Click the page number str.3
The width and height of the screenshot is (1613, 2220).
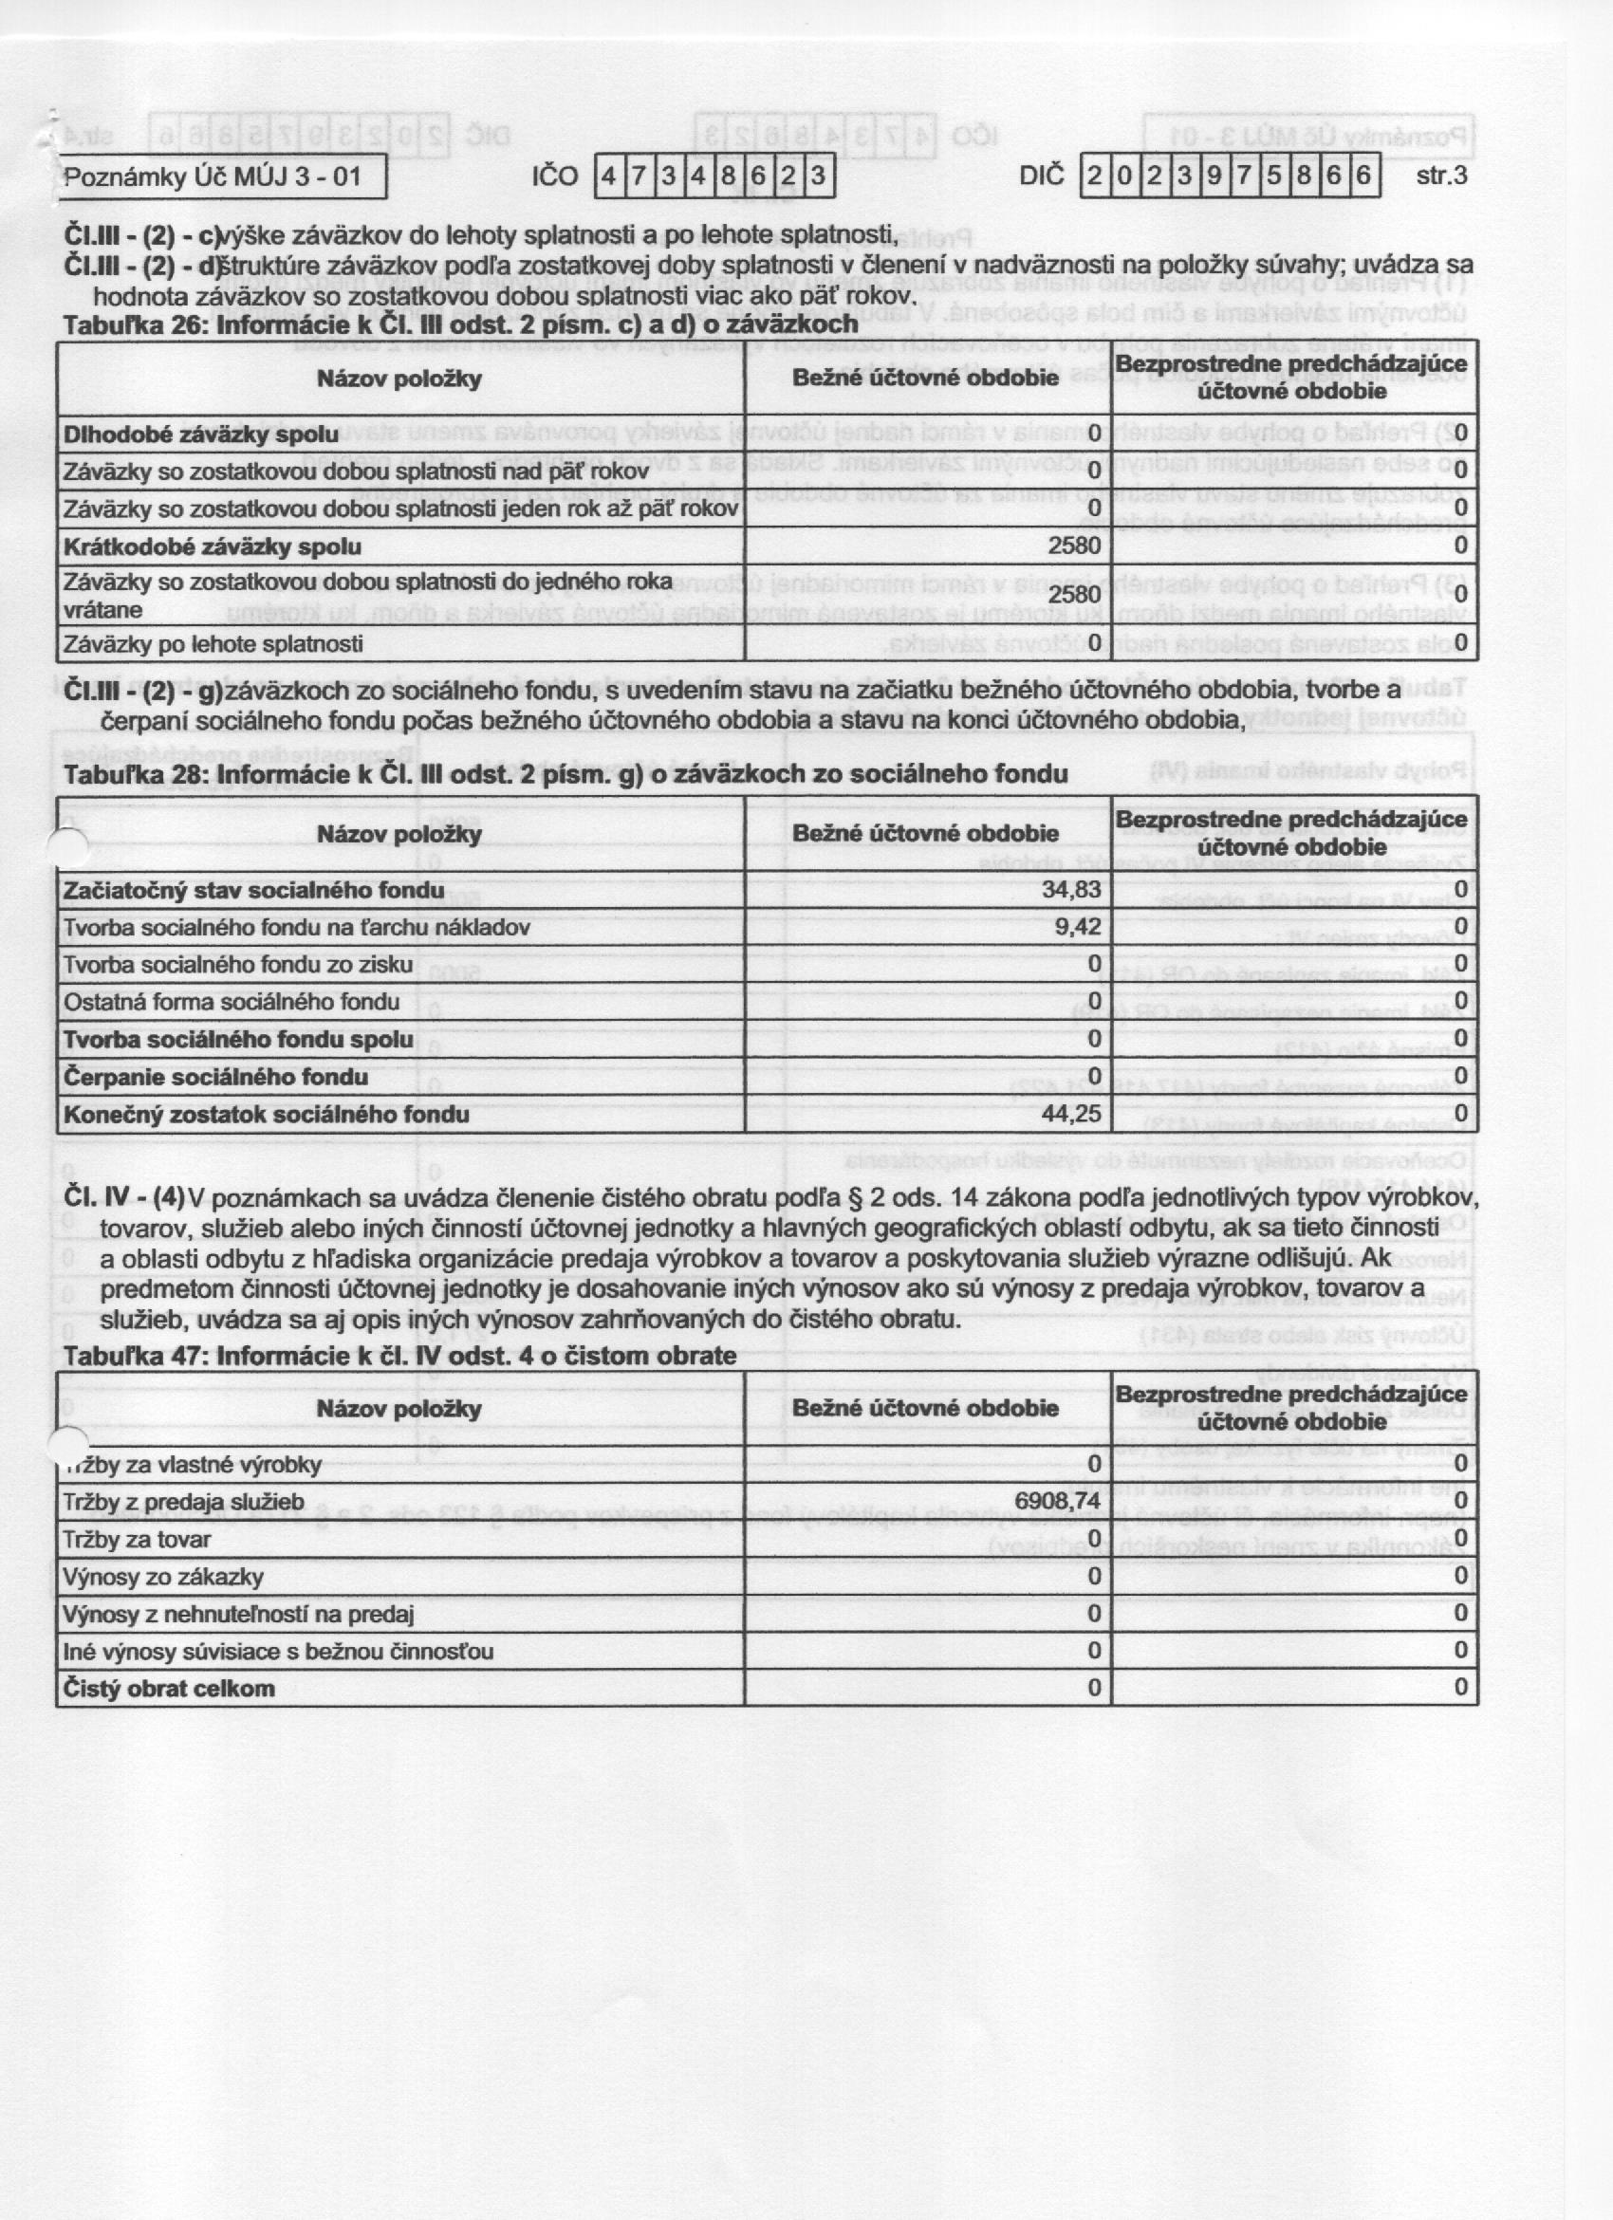1440,177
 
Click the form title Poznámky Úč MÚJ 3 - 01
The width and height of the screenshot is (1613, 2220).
213,177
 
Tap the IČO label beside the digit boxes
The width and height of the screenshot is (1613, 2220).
555,177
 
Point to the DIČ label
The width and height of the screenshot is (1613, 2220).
1041,177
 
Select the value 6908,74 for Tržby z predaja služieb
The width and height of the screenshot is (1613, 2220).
1057,1502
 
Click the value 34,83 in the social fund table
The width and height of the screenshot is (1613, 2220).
1071,890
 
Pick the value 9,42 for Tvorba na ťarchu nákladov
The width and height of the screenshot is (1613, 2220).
1078,927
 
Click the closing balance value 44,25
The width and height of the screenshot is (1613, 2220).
1071,1114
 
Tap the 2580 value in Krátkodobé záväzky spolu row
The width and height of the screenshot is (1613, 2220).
1074,546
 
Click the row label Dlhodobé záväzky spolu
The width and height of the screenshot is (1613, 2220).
200,435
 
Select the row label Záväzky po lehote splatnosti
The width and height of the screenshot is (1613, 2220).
213,644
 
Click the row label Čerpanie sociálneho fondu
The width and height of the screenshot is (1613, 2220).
215,1077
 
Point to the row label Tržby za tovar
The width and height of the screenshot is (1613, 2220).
137,1540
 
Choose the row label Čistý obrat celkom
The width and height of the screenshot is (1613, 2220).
168,1689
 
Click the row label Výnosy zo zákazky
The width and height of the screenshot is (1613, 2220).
163,1577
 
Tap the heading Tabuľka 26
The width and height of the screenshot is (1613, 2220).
460,324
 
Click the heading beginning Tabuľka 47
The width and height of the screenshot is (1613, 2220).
399,1356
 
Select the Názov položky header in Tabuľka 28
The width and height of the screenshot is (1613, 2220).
399,835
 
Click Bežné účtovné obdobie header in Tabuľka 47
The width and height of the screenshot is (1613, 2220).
925,1409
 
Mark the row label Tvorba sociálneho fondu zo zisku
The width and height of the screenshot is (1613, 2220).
238,965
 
